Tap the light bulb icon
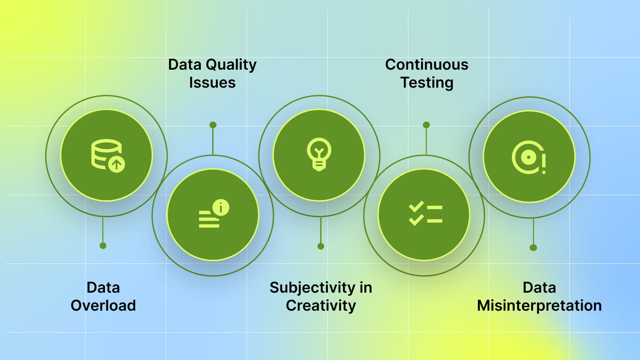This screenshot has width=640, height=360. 319,154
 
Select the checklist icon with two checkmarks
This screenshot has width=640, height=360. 425,213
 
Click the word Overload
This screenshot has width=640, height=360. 103,305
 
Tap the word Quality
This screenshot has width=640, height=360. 231,65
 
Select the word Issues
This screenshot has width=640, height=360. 212,83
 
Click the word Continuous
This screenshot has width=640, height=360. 427,65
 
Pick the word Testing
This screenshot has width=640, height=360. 427,83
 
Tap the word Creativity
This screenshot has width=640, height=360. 321,306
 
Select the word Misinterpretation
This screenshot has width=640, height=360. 539,306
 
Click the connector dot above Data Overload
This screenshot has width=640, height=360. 103,246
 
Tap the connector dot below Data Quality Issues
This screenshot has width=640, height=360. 213,125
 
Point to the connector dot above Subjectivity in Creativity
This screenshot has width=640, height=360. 321,246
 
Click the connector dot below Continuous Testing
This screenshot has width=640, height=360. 426,125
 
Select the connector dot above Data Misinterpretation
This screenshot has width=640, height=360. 533,248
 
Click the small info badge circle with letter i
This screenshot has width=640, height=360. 221,207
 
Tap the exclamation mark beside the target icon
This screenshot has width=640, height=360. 544,163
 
